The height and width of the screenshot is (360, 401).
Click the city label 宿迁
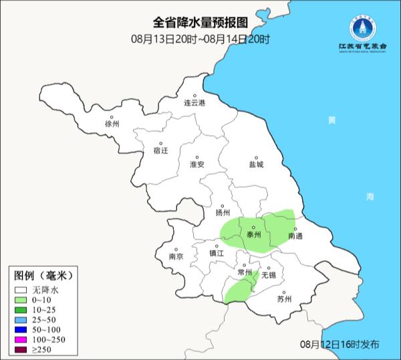(x=160, y=151)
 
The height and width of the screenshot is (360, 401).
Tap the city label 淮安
(x=196, y=164)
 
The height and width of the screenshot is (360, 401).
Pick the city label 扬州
(x=223, y=213)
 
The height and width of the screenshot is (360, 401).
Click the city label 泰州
(x=253, y=236)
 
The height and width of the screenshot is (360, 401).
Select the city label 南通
(x=295, y=236)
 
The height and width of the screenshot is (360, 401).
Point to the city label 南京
(x=176, y=256)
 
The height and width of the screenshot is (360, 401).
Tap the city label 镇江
(x=217, y=254)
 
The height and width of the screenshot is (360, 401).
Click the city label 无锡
(x=268, y=275)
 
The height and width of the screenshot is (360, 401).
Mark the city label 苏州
(x=284, y=299)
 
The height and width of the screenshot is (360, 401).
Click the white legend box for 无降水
(x=21, y=290)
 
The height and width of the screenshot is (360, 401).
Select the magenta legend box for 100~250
(x=21, y=341)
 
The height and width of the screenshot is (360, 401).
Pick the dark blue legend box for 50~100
(x=21, y=331)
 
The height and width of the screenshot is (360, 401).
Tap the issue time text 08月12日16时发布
(x=340, y=344)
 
